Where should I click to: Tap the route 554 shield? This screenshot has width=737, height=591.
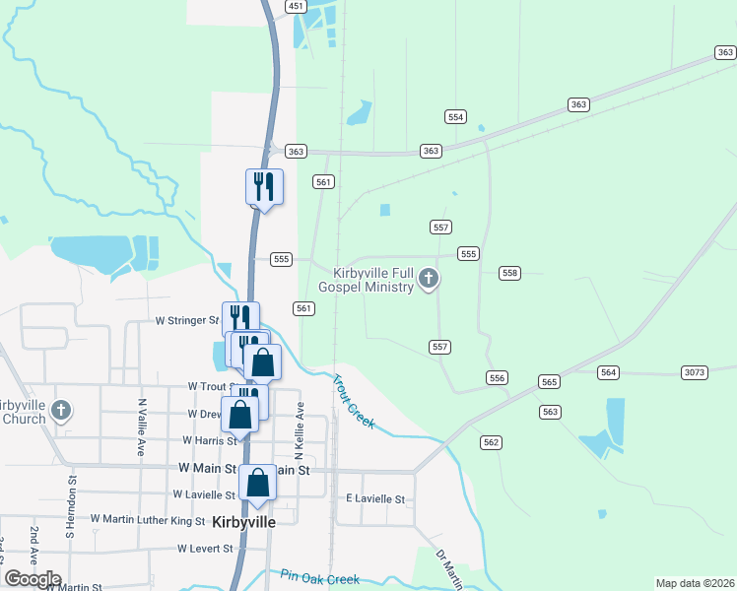click(x=455, y=116)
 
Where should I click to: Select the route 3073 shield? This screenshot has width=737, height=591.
click(x=695, y=371)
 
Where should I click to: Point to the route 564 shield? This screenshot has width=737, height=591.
click(x=609, y=371)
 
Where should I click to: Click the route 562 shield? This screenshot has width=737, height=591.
click(x=492, y=442)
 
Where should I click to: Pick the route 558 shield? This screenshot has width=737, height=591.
click(x=509, y=273)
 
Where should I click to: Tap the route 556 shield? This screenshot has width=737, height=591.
click(x=497, y=378)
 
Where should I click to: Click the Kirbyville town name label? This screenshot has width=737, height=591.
click(x=243, y=522)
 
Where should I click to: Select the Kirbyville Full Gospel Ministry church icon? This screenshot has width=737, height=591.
click(x=428, y=280)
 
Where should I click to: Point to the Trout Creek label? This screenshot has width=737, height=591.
click(x=353, y=401)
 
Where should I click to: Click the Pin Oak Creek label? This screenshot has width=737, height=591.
click(x=319, y=577)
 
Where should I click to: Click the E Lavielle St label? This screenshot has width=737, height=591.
click(x=375, y=499)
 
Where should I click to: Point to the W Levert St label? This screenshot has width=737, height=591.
click(x=205, y=548)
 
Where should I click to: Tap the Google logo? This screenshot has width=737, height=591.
click(x=33, y=579)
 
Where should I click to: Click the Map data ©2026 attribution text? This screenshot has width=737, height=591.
click(x=696, y=583)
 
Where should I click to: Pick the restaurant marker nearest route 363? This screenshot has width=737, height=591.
click(x=264, y=185)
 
